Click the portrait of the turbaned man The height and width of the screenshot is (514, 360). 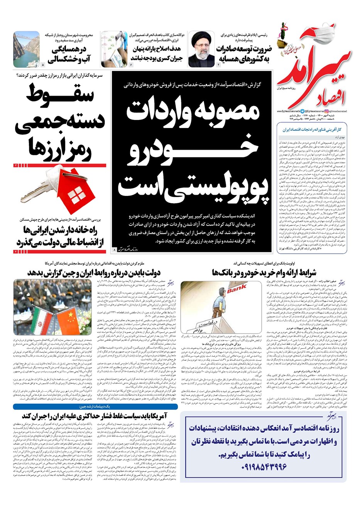tap(201, 49)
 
